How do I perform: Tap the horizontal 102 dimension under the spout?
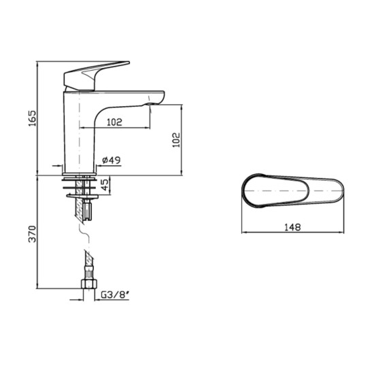[115, 122]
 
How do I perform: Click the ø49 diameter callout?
[111, 160]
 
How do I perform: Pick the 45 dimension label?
[105, 185]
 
